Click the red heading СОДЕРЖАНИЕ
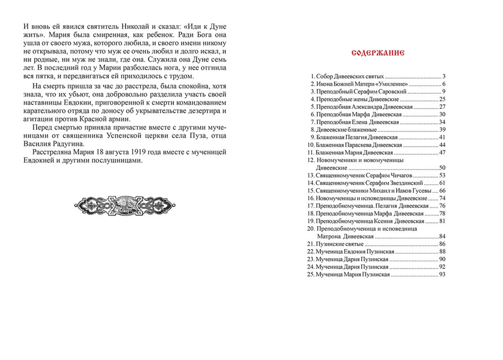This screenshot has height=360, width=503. coord(376,52)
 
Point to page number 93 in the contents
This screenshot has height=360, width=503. coord(443,274)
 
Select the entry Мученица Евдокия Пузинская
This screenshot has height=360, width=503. coord(355,251)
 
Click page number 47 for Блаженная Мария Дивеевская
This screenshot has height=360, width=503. coord(443,152)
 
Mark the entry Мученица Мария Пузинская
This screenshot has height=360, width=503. coord(353,274)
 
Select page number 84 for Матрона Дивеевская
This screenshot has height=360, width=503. coord(443,236)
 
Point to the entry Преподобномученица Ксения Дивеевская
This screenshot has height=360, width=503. coord(369,221)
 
